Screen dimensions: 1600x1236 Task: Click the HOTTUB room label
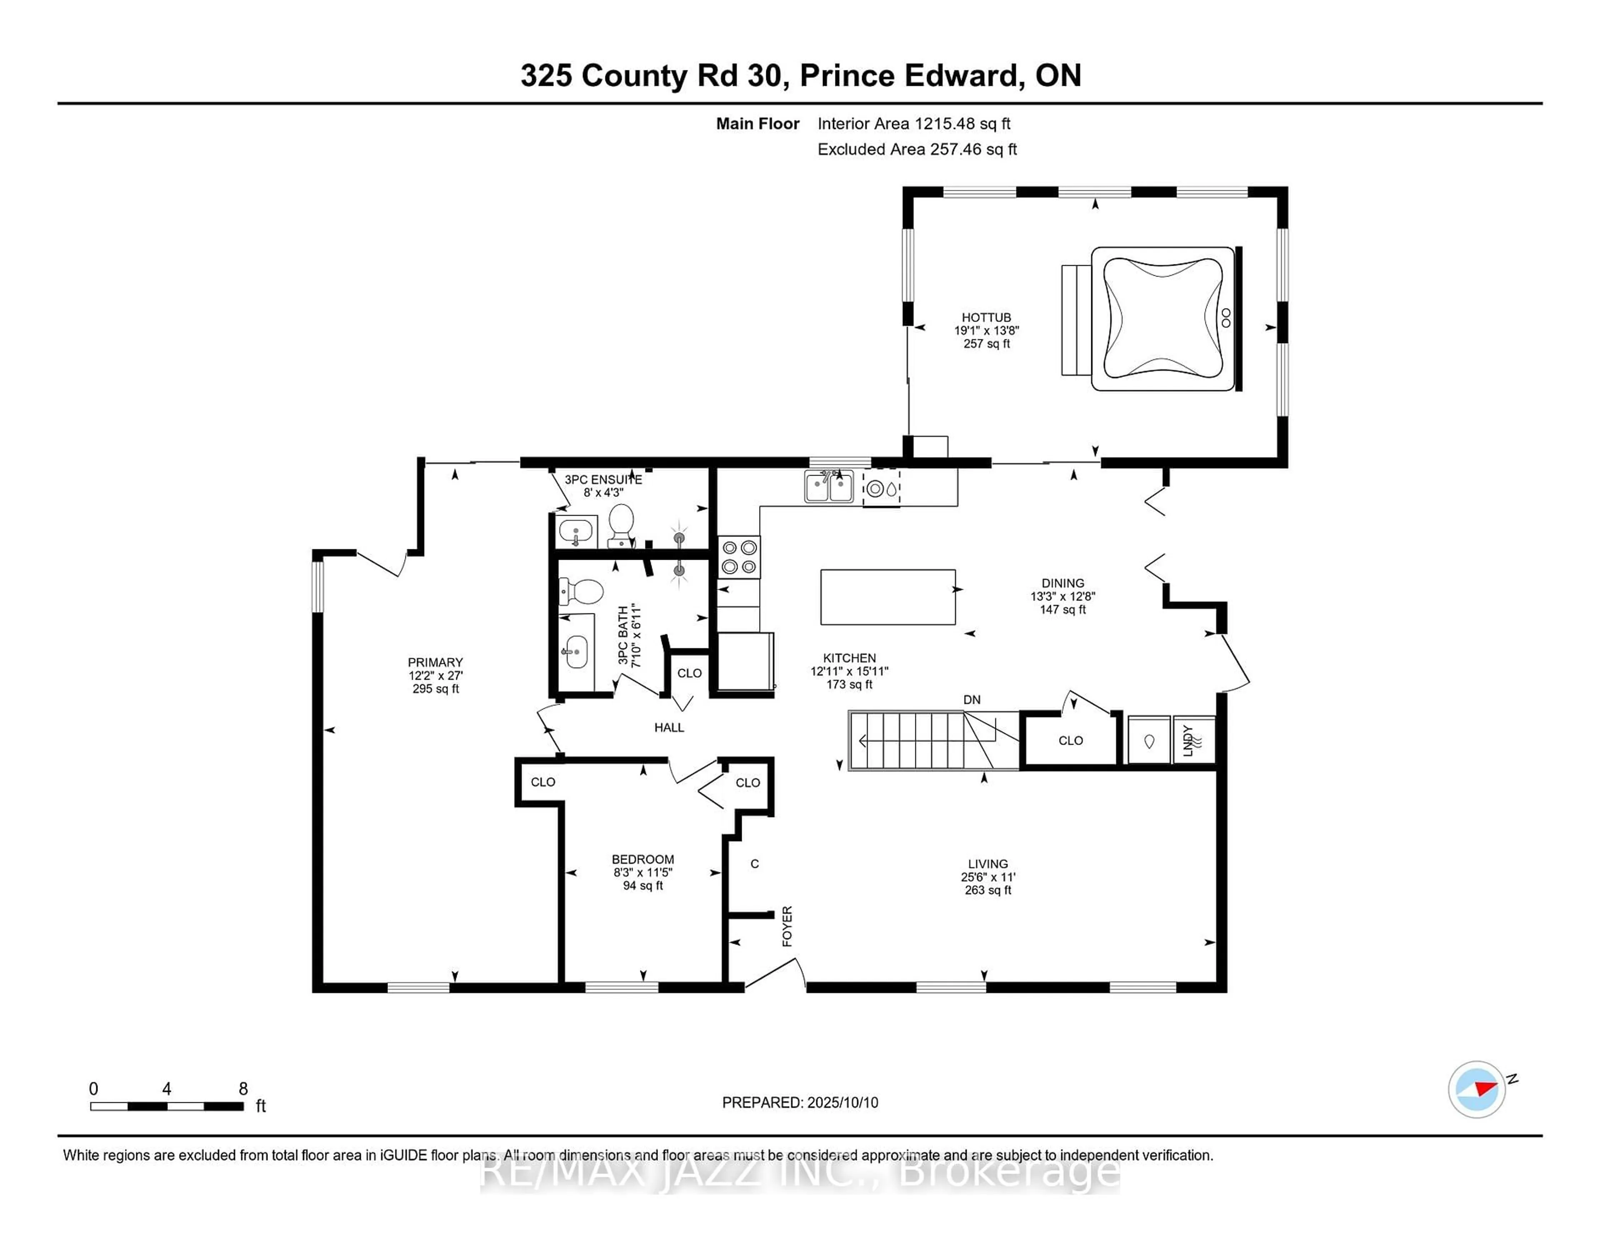[x=986, y=317]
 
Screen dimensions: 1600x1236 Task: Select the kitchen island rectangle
[x=888, y=597]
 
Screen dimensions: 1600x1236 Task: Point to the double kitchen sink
[x=829, y=487]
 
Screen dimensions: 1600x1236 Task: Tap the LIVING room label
[x=987, y=864]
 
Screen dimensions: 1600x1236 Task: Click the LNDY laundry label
[x=1187, y=740]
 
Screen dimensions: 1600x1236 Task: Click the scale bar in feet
[x=167, y=1106]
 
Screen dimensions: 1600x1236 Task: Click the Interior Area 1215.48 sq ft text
[x=914, y=124]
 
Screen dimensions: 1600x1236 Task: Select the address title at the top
[x=801, y=75]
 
